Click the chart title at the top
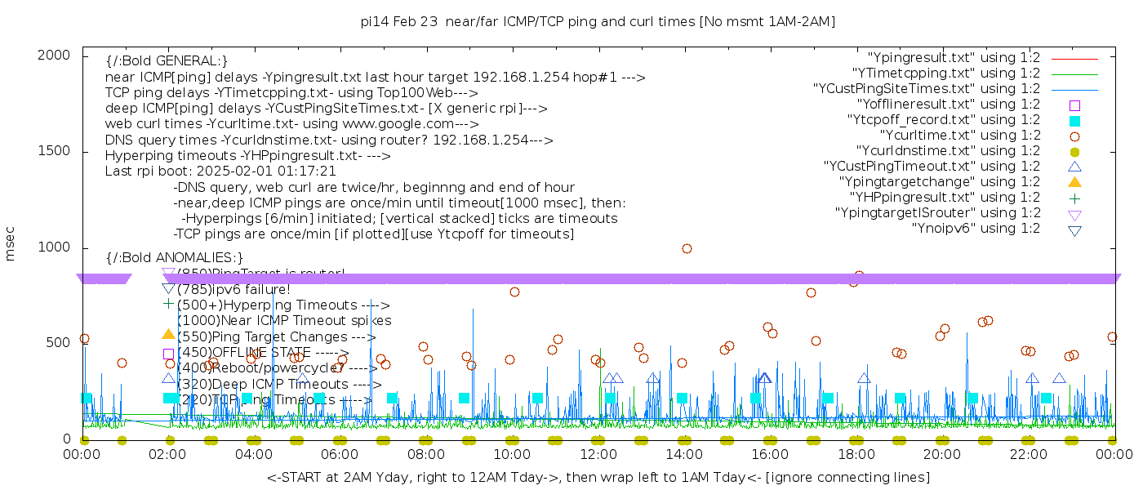click(598, 21)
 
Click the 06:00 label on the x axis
click(340, 454)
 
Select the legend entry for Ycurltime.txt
click(960, 136)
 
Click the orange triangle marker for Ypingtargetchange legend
click(1074, 182)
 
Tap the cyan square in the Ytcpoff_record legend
click(1074, 120)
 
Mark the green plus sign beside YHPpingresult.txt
click(1074, 198)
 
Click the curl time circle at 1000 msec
click(687, 249)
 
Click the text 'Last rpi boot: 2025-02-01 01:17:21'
click(220, 171)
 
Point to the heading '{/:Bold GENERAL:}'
click(167, 61)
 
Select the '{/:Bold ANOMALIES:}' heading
click(175, 258)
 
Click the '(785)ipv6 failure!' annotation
click(233, 289)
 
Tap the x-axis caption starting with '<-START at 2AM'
click(598, 477)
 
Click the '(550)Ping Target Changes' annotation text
click(276, 336)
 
